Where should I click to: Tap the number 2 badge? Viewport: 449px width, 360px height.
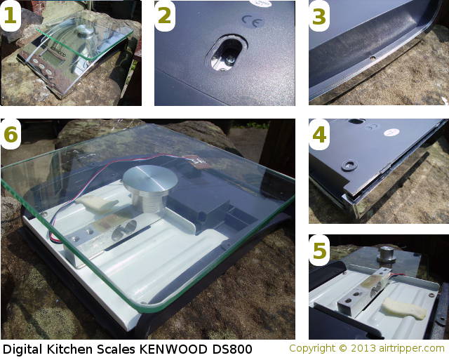click(x=165, y=17)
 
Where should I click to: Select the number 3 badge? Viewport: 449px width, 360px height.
click(x=319, y=17)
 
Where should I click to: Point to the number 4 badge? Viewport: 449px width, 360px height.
click(x=319, y=135)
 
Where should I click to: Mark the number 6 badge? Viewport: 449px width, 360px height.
click(x=11, y=135)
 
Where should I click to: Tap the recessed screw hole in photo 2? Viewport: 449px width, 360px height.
click(x=229, y=55)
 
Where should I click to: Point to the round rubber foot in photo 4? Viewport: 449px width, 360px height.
click(x=350, y=166)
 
